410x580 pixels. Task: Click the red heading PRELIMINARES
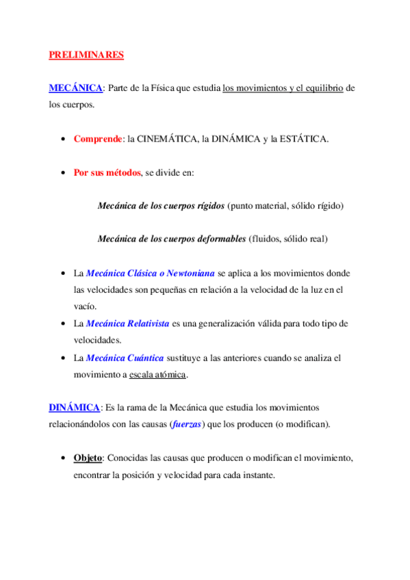pos(86,55)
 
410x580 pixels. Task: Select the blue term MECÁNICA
pos(75,89)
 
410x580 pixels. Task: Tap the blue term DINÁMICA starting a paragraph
pos(74,408)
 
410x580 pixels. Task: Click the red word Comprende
pos(98,139)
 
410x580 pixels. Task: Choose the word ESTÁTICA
pos(303,139)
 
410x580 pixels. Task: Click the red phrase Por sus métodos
pos(107,172)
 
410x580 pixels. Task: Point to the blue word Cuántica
pos(145,358)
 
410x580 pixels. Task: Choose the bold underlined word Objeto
pos(88,458)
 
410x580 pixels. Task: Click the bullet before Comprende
pos(64,140)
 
